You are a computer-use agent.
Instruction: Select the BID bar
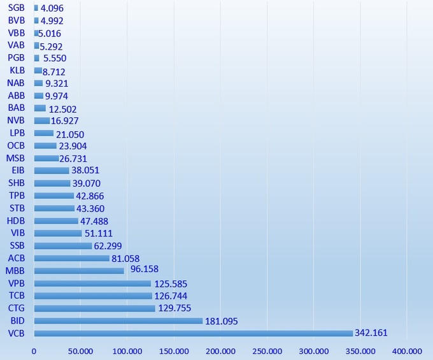tap(118, 321)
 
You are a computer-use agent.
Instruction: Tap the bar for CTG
tap(94, 308)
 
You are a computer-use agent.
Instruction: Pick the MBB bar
tap(79, 271)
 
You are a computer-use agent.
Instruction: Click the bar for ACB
tap(71, 258)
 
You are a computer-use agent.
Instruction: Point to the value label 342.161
tap(372, 333)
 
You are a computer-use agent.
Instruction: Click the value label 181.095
tap(222, 321)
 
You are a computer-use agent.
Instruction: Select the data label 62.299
tap(108, 246)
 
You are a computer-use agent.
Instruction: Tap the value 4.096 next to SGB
tap(52, 8)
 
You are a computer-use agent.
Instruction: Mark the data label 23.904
tap(73, 146)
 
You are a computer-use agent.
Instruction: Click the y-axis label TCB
tap(16, 296)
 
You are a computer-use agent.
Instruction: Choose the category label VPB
tap(16, 284)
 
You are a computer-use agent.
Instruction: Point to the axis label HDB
tap(16, 221)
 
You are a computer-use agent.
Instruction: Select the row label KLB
tap(17, 71)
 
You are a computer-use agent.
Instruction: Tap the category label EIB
tap(18, 171)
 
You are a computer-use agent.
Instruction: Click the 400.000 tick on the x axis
tap(407, 351)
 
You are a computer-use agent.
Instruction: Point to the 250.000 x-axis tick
tap(267, 351)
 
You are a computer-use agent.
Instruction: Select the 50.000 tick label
tap(81, 351)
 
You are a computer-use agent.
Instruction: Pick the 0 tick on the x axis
tap(34, 351)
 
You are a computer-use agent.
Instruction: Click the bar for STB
tap(53, 208)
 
